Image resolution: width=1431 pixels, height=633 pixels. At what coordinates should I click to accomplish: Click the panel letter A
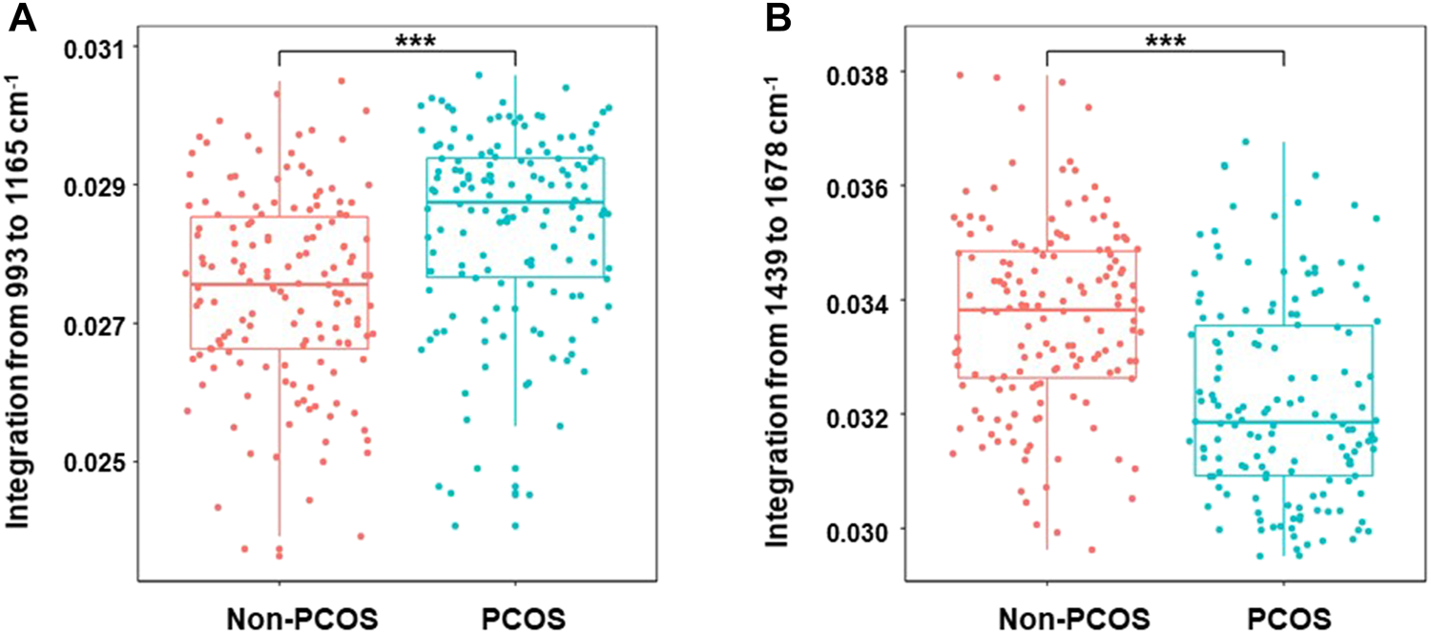click(23, 20)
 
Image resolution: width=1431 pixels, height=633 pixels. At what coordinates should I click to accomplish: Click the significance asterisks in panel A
click(398, 40)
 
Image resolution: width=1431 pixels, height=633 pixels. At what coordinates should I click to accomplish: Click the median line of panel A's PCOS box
click(515, 202)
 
